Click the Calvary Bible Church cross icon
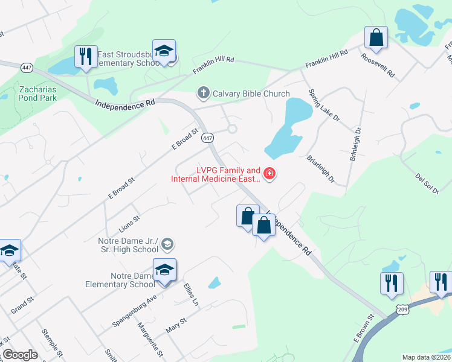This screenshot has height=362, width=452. click(204, 93)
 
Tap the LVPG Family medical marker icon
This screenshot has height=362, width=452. click(270, 175)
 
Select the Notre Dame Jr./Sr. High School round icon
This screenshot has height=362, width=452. click(167, 244)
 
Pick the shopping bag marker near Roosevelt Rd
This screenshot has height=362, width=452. click(376, 37)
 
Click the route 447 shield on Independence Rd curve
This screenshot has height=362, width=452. click(207, 138)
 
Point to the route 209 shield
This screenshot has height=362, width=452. click(402, 309)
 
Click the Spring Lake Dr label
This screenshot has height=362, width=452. click(324, 105)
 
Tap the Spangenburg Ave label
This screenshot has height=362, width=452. click(134, 311)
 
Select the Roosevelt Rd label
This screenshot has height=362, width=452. click(378, 65)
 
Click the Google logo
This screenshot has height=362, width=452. click(20, 355)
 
